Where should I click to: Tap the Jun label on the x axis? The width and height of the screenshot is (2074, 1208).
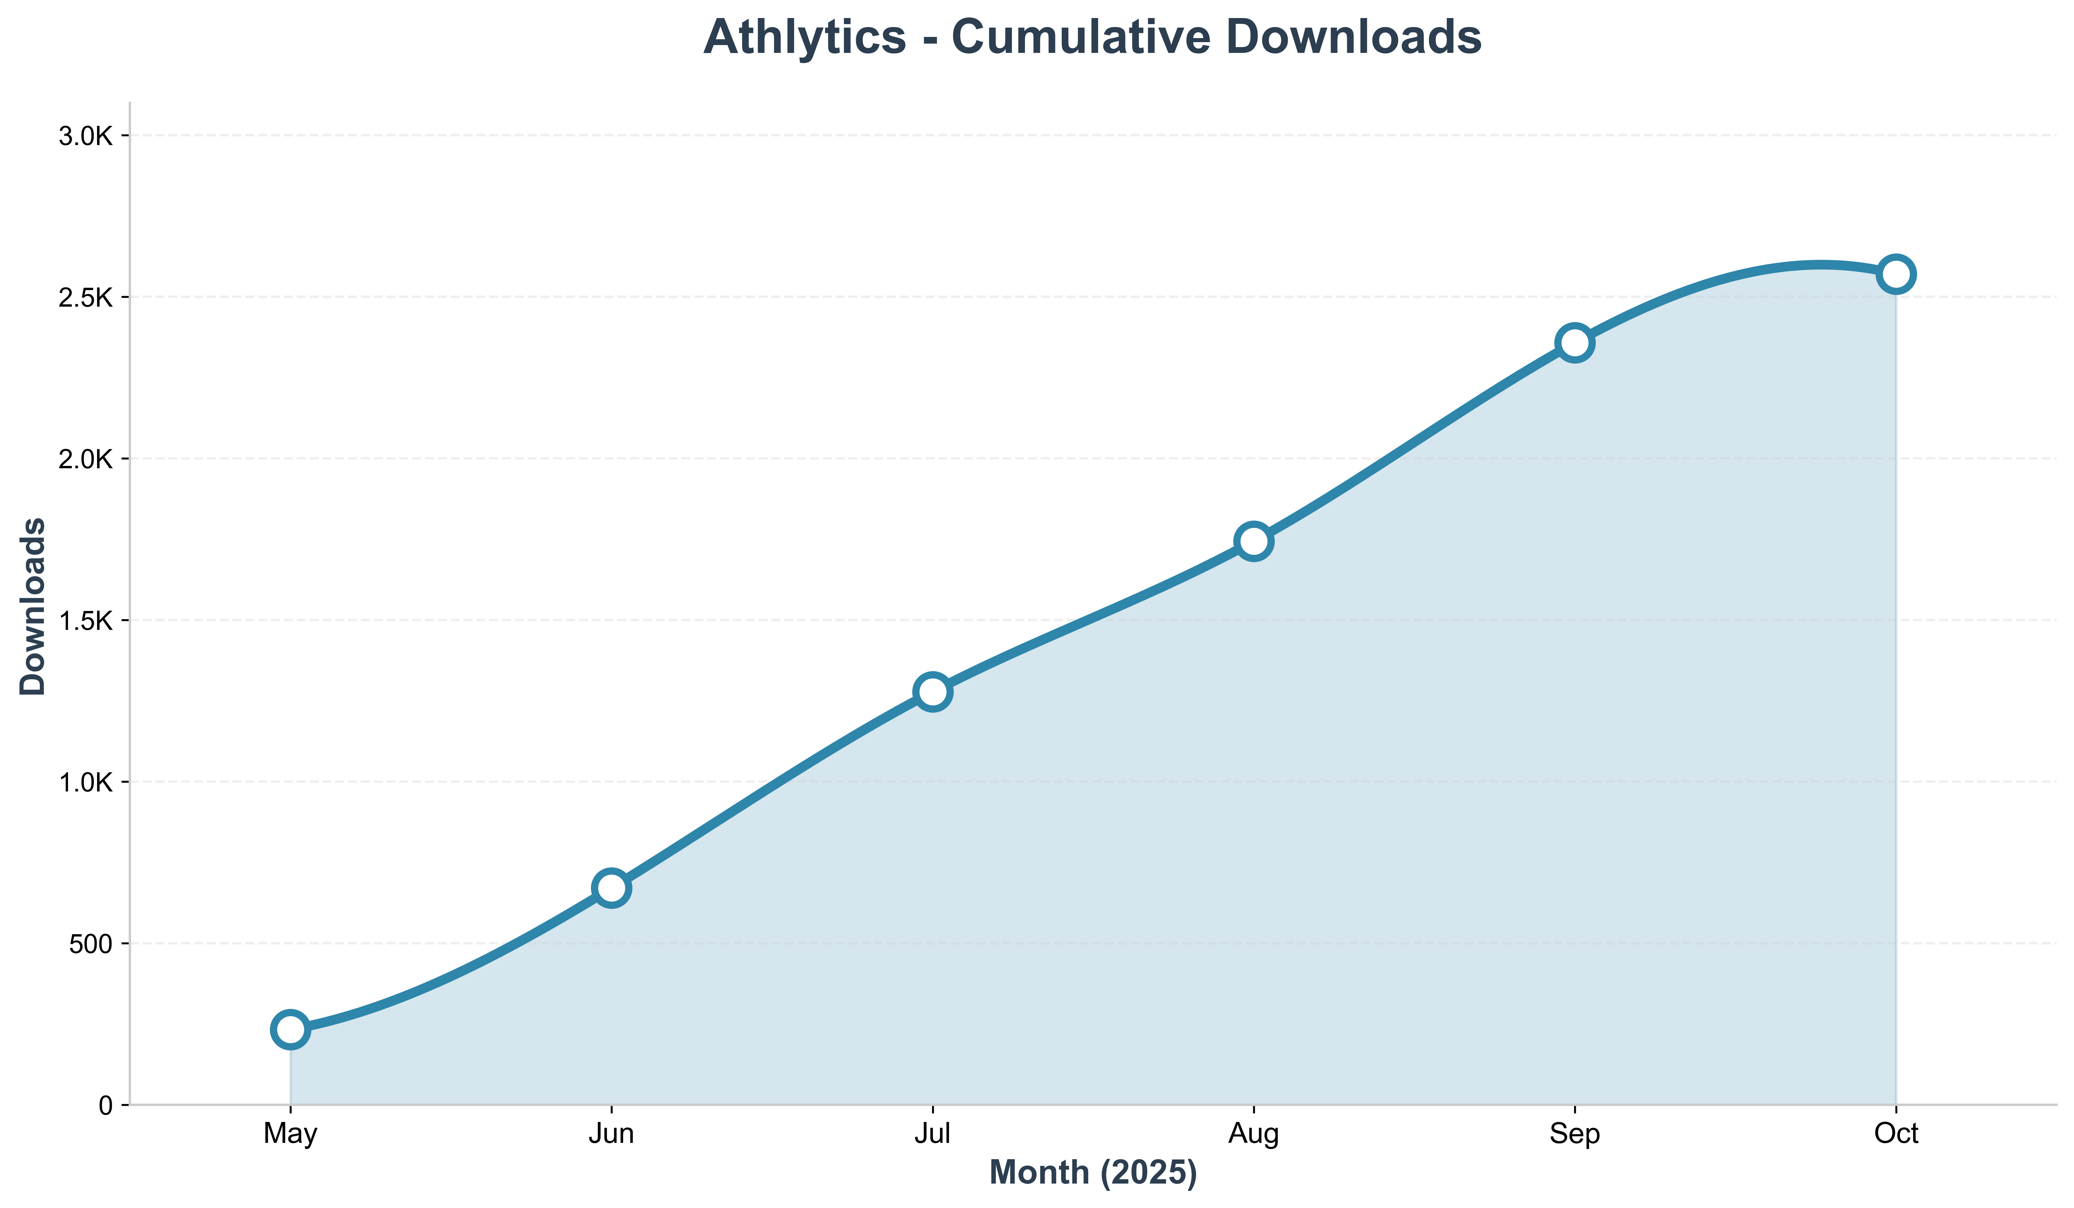611,1135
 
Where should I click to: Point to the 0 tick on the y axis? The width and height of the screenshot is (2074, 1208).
105,1105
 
